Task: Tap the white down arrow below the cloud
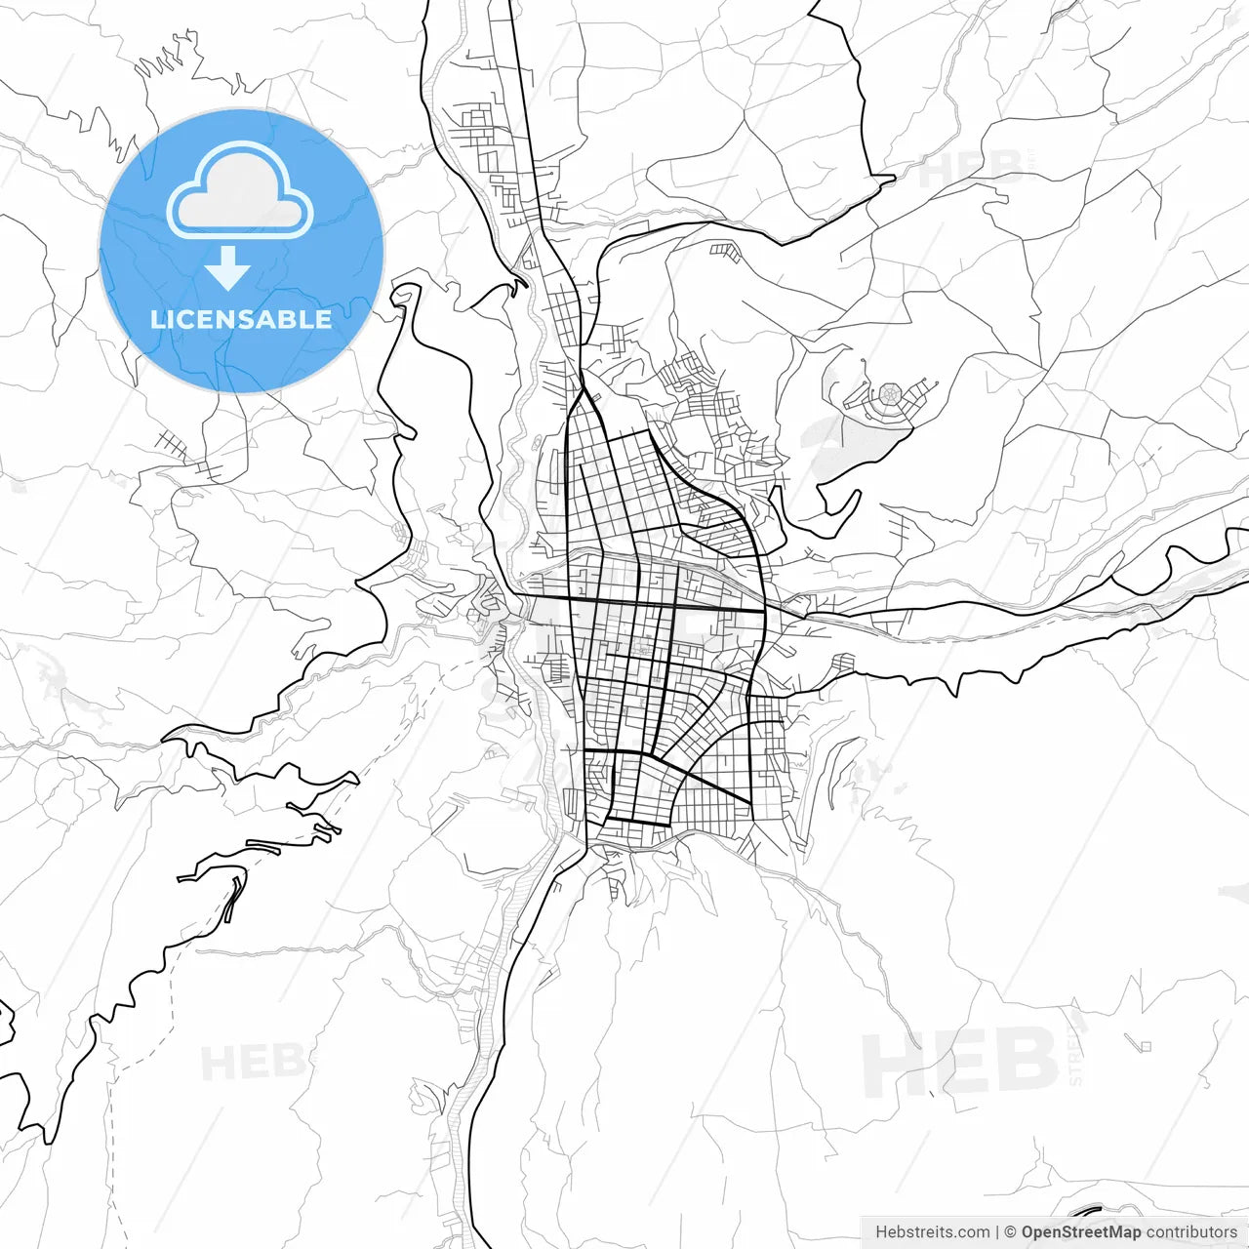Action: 228,269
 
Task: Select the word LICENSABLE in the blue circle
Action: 241,319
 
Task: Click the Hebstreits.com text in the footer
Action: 932,1232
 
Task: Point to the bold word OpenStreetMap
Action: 1080,1232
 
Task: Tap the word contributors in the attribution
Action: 1191,1232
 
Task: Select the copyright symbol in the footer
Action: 1011,1232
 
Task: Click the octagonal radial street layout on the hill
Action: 890,395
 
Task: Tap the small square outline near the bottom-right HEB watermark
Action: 1146,1047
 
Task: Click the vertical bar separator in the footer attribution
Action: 997,1232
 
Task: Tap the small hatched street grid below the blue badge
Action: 172,445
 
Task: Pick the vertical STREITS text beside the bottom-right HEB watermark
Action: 1076,1049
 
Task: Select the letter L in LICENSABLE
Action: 156,319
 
